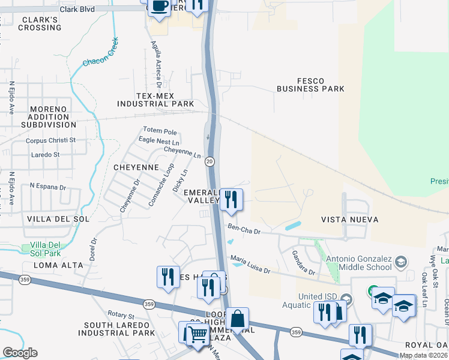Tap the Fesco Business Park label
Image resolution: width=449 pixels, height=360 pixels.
(310, 85)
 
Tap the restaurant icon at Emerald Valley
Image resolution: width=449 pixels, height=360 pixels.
(231, 199)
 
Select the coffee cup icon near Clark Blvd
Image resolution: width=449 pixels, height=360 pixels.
(159, 7)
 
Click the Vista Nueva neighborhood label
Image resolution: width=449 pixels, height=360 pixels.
(350, 220)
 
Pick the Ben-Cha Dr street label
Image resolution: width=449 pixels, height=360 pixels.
(244, 228)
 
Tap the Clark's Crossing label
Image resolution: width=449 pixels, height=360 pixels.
(40, 23)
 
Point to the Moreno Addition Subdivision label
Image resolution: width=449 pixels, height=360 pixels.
(49, 117)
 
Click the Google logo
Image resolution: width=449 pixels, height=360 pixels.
(19, 353)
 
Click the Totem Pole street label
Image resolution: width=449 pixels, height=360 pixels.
(160, 131)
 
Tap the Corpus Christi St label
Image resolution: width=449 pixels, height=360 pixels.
(50, 140)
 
